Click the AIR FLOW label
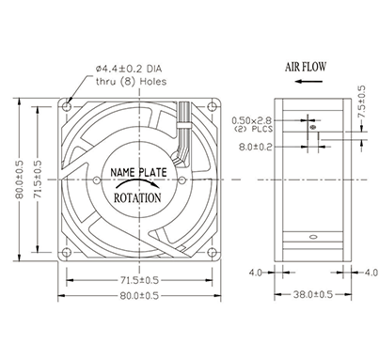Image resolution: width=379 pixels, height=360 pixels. click(x=306, y=67)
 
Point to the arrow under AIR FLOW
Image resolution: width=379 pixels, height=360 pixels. click(x=308, y=82)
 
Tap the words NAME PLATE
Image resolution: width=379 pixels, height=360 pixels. click(x=138, y=172)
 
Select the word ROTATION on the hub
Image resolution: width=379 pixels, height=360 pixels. click(x=137, y=198)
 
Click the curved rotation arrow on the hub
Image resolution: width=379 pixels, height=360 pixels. click(x=138, y=182)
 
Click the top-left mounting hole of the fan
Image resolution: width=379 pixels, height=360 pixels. click(x=67, y=107)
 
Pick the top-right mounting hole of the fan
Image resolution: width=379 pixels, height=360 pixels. click(x=213, y=107)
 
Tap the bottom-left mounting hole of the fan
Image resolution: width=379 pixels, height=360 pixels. click(x=67, y=252)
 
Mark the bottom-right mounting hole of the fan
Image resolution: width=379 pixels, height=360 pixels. click(x=213, y=252)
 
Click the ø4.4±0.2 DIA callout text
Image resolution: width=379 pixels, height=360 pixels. click(x=129, y=69)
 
